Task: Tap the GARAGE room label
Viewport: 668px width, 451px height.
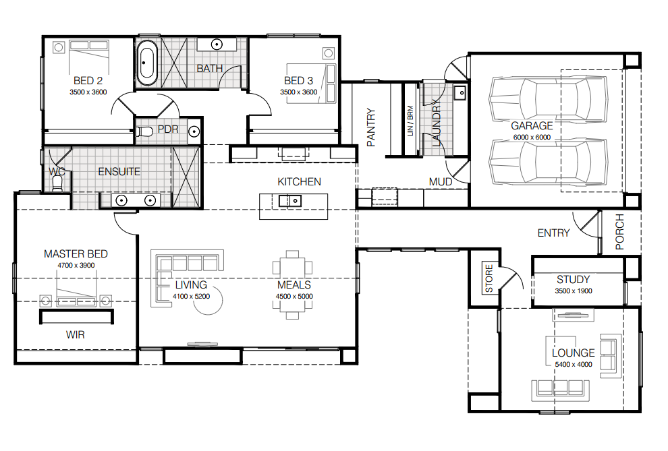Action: click(x=532, y=126)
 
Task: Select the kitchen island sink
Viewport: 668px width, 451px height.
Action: click(x=290, y=200)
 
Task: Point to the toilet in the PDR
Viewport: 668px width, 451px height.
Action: click(x=144, y=131)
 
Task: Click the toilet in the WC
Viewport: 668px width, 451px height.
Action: click(x=57, y=183)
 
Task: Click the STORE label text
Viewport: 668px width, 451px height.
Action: click(x=489, y=278)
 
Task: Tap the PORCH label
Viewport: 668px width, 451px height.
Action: click(x=620, y=231)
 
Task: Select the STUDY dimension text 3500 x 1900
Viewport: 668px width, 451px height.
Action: click(x=574, y=291)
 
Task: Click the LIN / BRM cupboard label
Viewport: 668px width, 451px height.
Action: click(x=410, y=121)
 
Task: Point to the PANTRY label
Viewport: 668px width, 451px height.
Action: click(x=371, y=127)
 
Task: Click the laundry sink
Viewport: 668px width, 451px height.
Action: click(x=460, y=92)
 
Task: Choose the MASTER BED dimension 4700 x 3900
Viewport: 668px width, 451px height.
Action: click(x=76, y=266)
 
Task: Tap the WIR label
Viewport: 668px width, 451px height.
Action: click(x=76, y=335)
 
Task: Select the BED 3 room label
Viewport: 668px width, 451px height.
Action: click(x=299, y=81)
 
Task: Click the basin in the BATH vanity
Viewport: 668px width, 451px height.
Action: click(x=217, y=44)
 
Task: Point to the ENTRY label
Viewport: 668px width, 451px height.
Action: click(x=553, y=233)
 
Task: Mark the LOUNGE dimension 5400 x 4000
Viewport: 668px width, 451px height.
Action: click(x=574, y=365)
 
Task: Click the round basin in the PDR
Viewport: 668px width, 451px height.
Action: click(x=194, y=131)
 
